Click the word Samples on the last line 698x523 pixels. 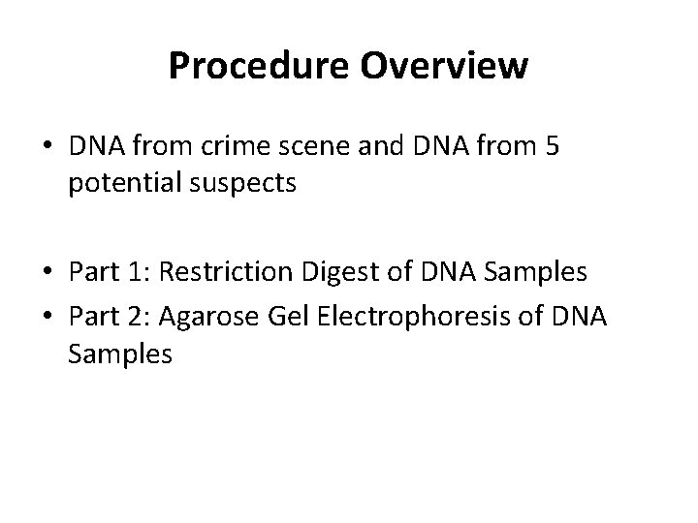point(120,354)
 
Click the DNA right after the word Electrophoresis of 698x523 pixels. point(577,319)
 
